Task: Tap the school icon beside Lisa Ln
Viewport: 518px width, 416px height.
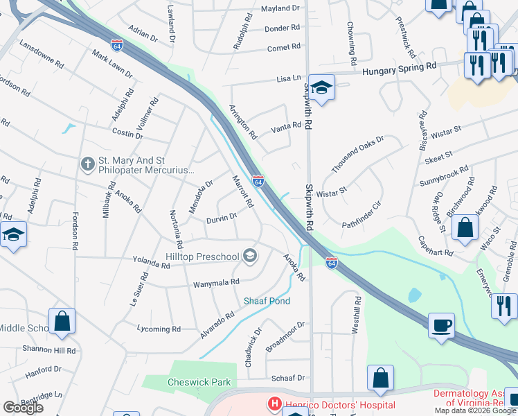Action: pyautogui.click(x=322, y=87)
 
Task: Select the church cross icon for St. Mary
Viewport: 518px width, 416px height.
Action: pyautogui.click(x=87, y=164)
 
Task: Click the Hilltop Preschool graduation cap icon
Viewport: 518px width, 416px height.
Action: pyautogui.click(x=250, y=257)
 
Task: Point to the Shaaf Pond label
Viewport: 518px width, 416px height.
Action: pyautogui.click(x=267, y=301)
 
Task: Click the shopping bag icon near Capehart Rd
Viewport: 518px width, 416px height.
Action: pyautogui.click(x=467, y=226)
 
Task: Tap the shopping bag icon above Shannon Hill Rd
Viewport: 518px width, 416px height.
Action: pyautogui.click(x=62, y=322)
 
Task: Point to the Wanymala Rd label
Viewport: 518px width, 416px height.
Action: pyautogui.click(x=216, y=282)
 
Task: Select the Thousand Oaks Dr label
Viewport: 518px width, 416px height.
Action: pyautogui.click(x=357, y=155)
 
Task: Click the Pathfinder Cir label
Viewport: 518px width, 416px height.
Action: pyautogui.click(x=362, y=224)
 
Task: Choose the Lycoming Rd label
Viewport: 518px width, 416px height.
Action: pyautogui.click(x=159, y=329)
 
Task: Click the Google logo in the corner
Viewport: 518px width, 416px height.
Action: pyautogui.click(x=23, y=408)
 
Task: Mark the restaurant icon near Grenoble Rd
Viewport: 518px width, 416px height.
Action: pyautogui.click(x=504, y=306)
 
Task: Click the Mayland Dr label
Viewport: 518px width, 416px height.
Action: pyautogui.click(x=280, y=8)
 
